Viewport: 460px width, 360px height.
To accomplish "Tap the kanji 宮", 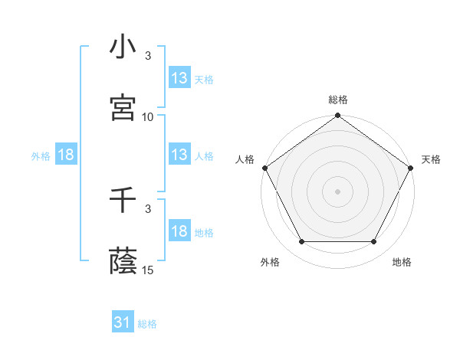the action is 123,108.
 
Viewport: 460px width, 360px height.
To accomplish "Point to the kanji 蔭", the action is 123,262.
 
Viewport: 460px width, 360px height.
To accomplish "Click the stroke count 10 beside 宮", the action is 148,117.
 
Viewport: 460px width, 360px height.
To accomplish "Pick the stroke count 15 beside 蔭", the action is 148,270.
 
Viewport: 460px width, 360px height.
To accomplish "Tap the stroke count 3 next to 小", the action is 148,56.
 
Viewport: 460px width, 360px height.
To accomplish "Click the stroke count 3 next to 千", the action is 148,208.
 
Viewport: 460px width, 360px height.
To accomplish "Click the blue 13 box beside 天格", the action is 179,78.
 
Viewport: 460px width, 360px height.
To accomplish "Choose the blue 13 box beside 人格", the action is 179,155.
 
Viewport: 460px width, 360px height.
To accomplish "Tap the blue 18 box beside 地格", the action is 179,231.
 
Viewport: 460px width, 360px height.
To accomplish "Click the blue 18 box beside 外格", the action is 66,155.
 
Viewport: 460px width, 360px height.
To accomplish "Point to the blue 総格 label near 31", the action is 147,324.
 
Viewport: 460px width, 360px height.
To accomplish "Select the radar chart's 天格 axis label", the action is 431,159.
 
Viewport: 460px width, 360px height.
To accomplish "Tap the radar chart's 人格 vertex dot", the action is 264,168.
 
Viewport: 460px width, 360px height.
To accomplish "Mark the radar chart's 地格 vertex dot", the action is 374,242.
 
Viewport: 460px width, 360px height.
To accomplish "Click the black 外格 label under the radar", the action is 270,262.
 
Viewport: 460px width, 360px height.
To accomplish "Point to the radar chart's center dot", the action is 337,191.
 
